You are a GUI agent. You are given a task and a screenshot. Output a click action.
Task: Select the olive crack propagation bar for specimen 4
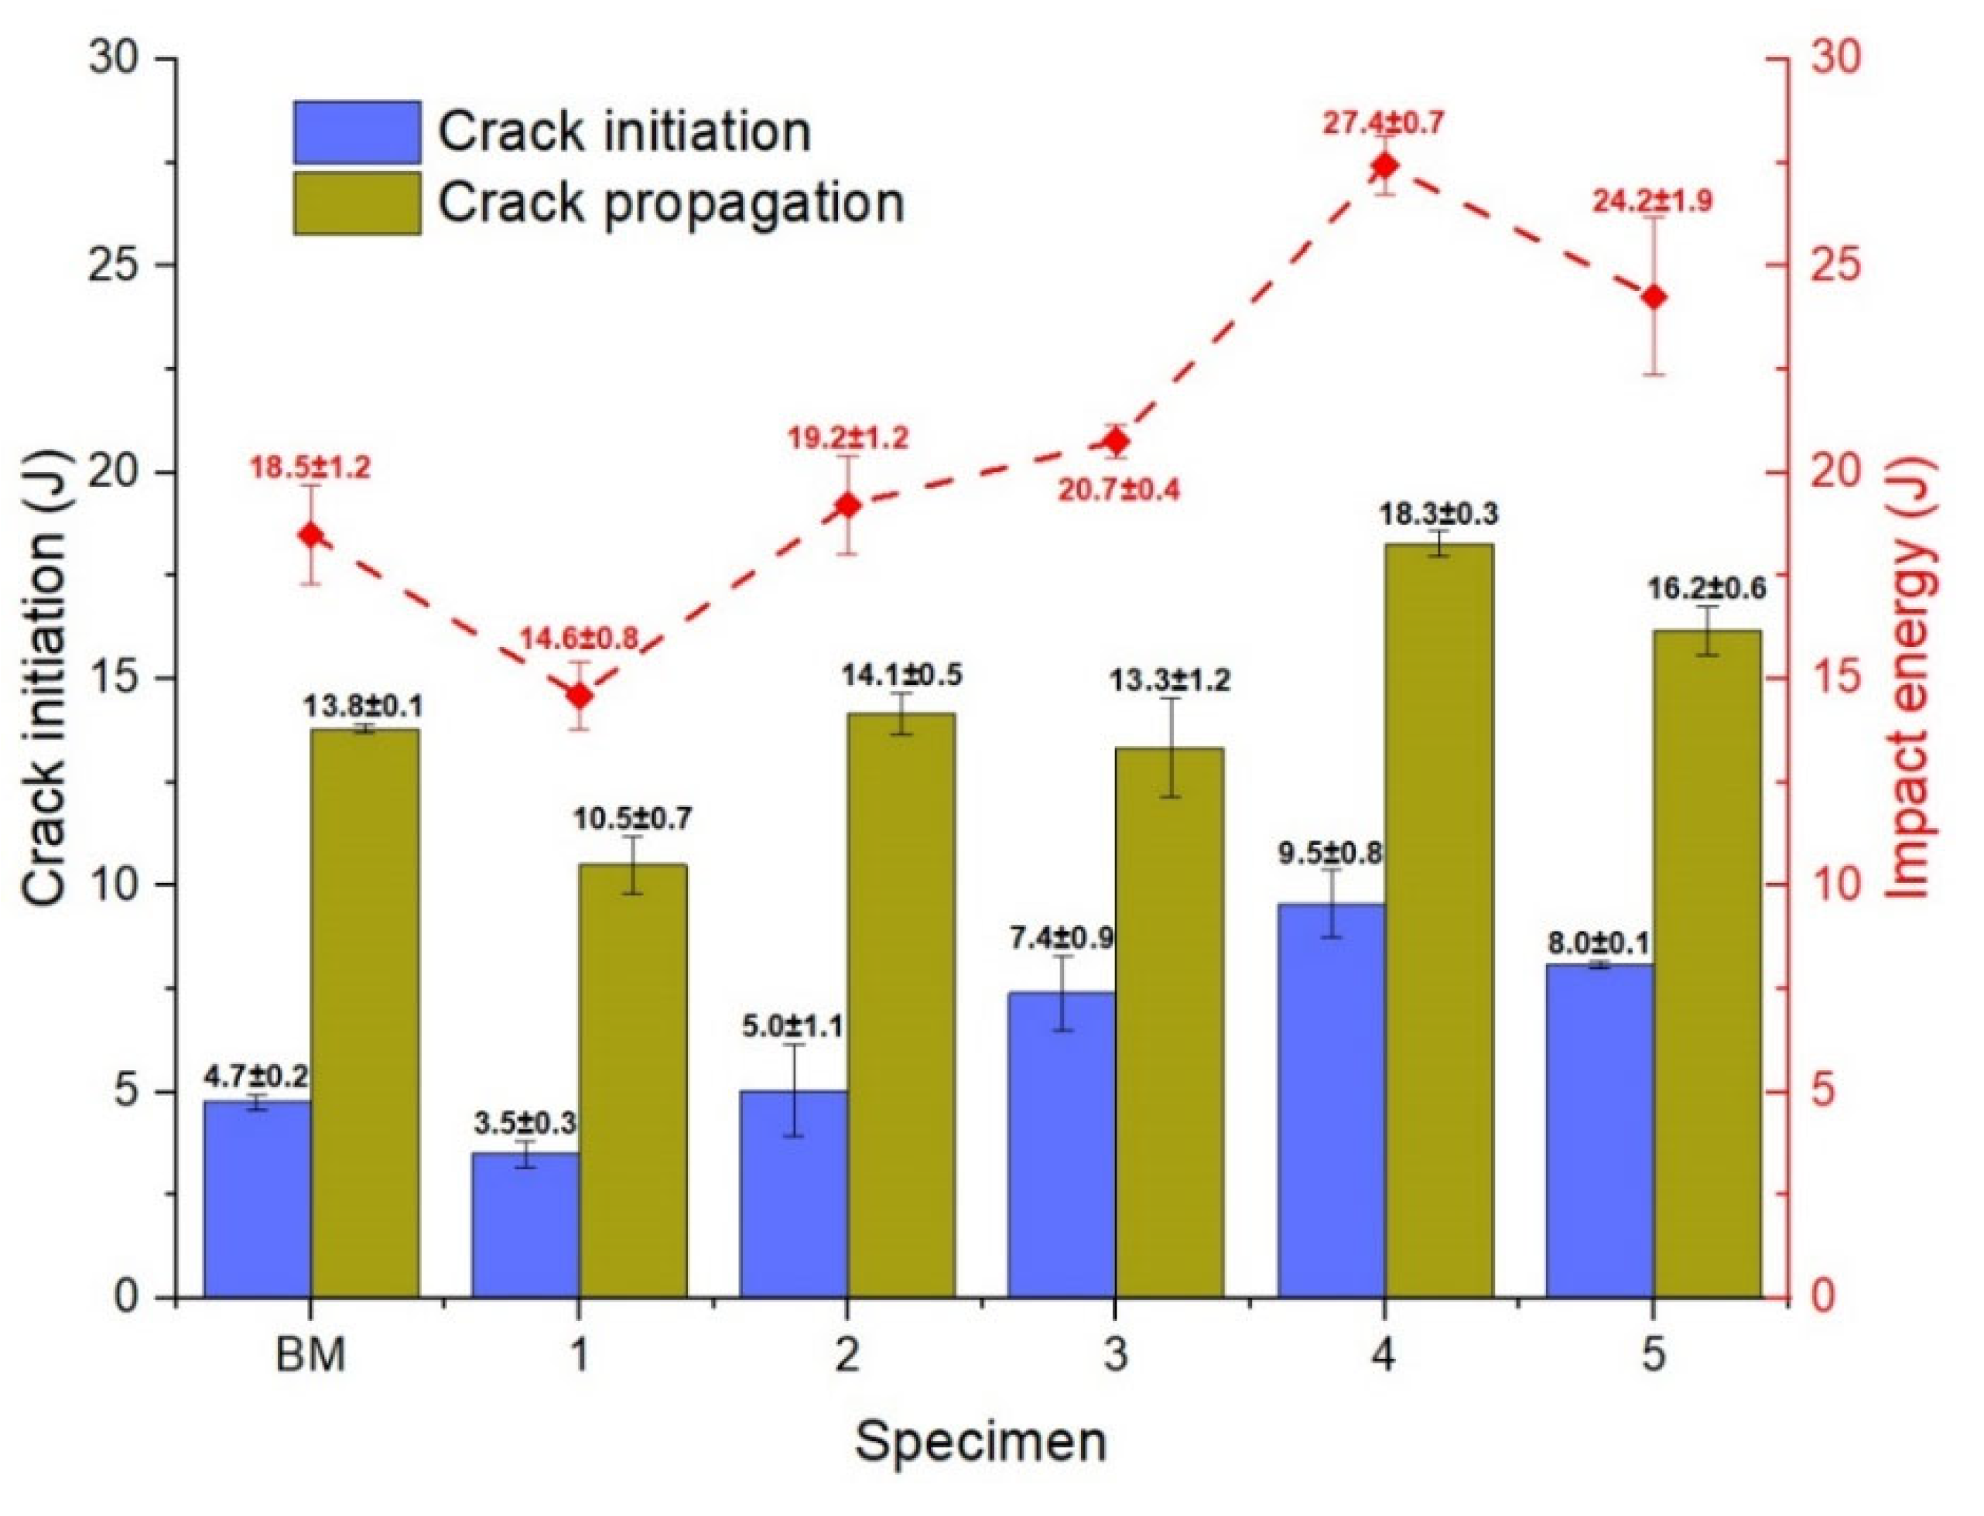(x=1438, y=920)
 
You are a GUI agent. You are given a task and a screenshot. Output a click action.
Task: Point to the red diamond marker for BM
(x=311, y=535)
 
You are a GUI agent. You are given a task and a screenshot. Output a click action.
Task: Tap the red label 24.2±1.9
(x=1652, y=200)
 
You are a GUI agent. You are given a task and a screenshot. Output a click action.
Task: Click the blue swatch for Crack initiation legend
(x=357, y=132)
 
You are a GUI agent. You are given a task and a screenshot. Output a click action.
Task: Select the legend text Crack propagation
(x=671, y=203)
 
